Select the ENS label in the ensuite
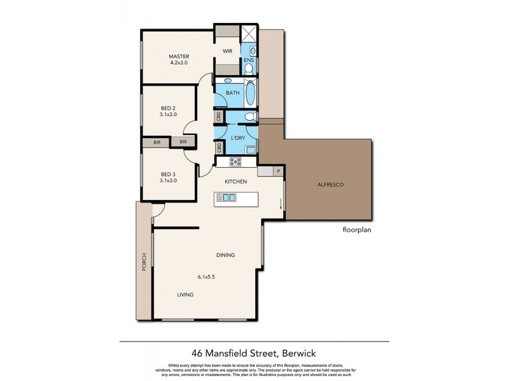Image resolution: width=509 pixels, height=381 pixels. pyautogui.click(x=249, y=61)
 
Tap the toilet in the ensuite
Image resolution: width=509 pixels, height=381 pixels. pyautogui.click(x=249, y=69)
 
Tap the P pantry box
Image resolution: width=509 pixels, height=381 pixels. pyautogui.click(x=278, y=171)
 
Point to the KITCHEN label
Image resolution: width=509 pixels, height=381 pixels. pyautogui.click(x=235, y=182)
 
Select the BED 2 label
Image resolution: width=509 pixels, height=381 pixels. pyautogui.click(x=168, y=108)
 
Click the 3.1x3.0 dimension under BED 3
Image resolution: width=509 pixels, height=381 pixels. pyautogui.click(x=168, y=180)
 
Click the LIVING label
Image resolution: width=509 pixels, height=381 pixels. pyautogui.click(x=185, y=295)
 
